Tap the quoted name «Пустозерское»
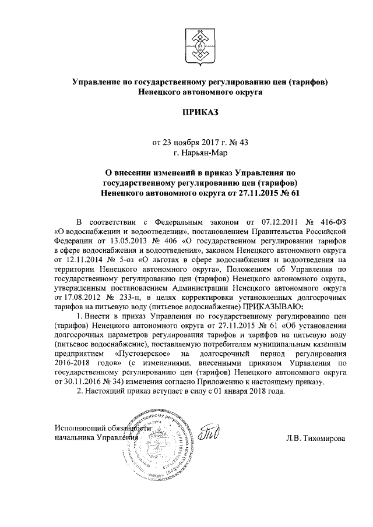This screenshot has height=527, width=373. click(146, 353)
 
